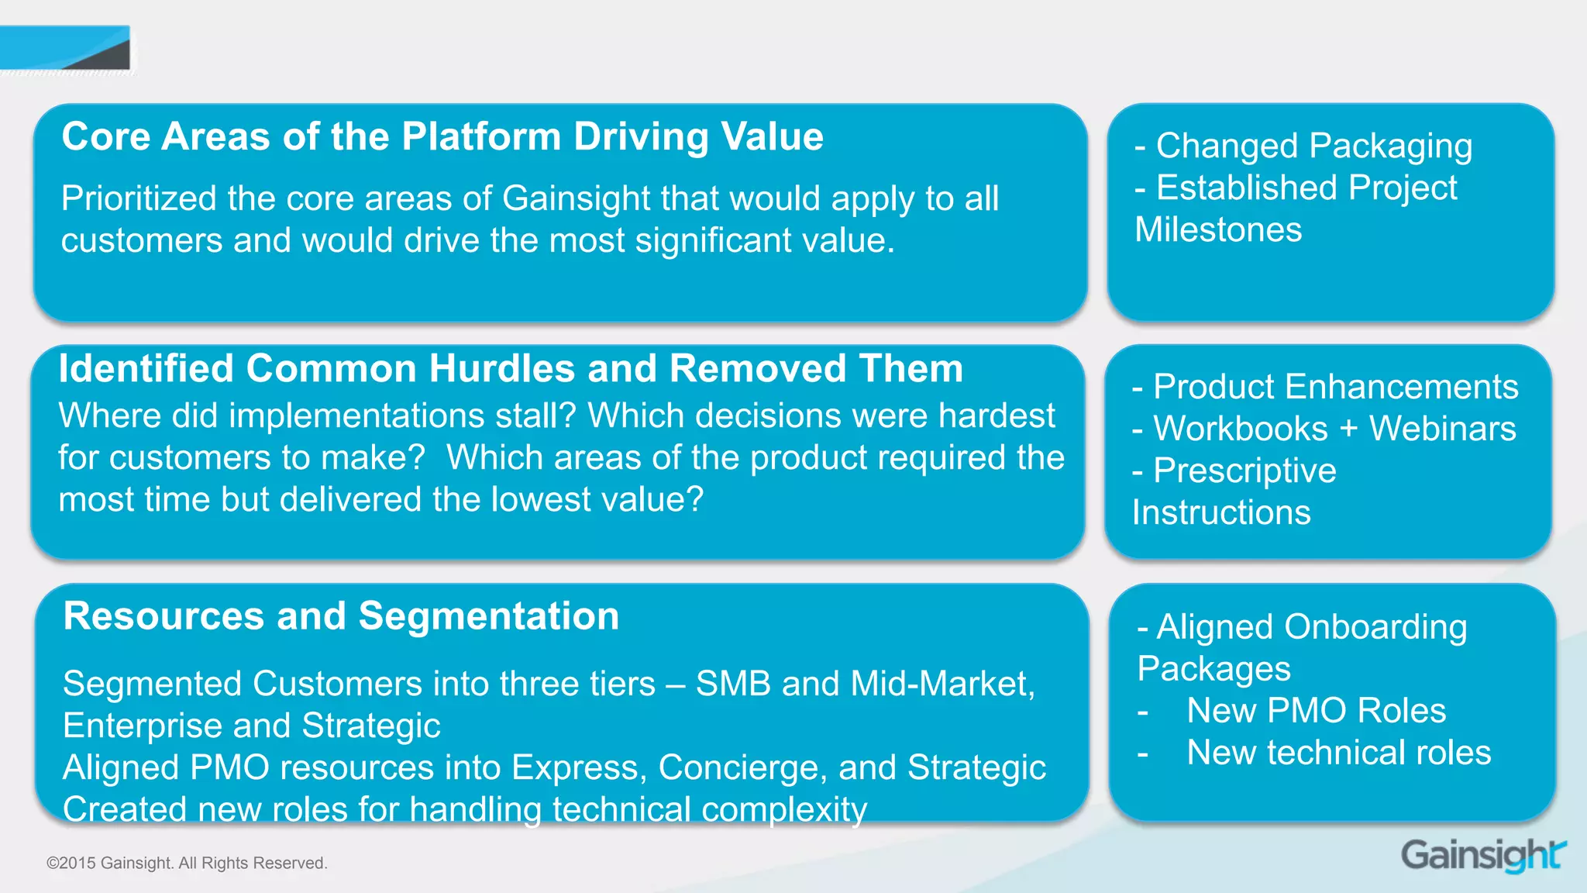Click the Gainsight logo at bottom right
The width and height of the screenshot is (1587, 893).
click(x=1482, y=856)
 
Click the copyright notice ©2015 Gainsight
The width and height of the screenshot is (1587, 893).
click(x=187, y=863)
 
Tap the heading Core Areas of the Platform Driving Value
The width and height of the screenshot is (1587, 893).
click(x=442, y=136)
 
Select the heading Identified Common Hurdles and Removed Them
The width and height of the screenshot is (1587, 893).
click(x=511, y=368)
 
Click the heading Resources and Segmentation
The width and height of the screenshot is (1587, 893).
click(x=341, y=616)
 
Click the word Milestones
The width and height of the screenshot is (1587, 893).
click(x=1218, y=229)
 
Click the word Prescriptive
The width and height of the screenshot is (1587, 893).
click(x=1244, y=471)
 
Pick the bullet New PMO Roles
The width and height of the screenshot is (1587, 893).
click(x=1316, y=710)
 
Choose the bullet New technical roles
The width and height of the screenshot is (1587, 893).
click(x=1338, y=752)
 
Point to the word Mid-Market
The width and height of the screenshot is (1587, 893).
click(x=942, y=684)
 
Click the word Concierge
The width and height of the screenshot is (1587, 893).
click(x=742, y=767)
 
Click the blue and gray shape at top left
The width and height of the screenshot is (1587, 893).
click(x=66, y=49)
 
